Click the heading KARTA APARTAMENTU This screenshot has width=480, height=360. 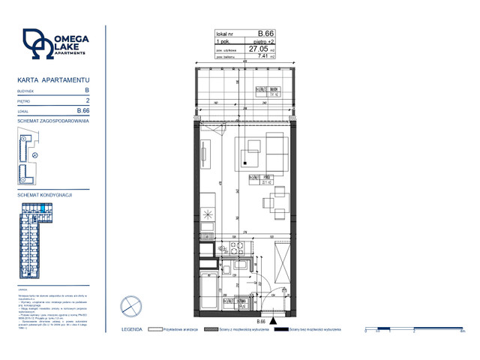point(53,79)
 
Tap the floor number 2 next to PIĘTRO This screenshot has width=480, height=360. point(88,100)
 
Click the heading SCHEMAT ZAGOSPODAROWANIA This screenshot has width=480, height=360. point(53,121)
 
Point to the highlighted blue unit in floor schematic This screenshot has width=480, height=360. point(43,208)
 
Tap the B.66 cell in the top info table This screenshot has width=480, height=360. point(265,33)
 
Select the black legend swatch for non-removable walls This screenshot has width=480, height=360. point(280,329)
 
